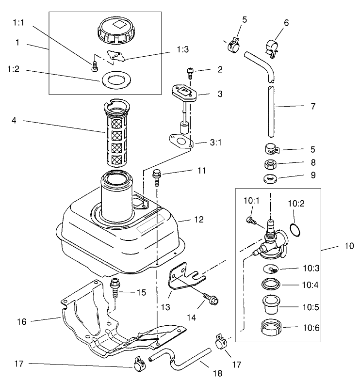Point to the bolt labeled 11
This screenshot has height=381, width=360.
pyautogui.click(x=157, y=177)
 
